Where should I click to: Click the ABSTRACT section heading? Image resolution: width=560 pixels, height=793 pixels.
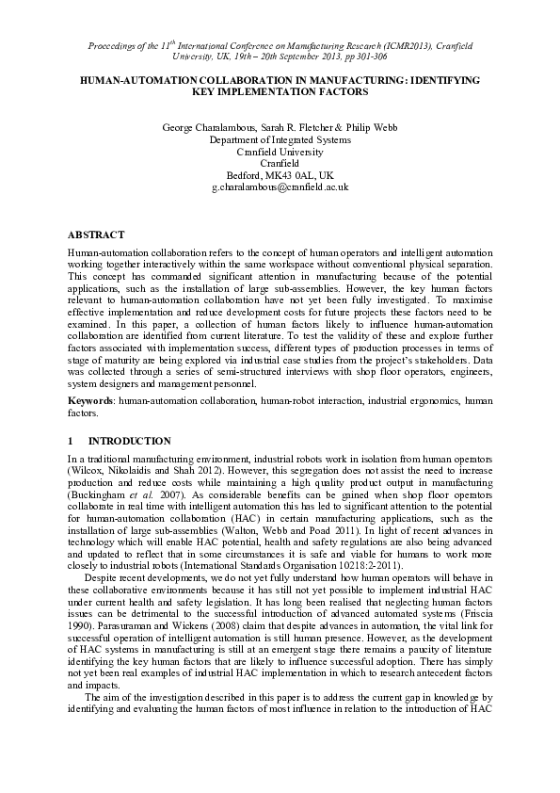pyautogui.click(x=97, y=234)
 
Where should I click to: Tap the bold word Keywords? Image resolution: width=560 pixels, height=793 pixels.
pyautogui.click(x=89, y=400)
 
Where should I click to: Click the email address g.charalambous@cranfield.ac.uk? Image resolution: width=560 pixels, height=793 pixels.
pyautogui.click(x=280, y=188)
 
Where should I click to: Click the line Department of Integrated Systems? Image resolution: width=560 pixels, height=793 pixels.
pyautogui.click(x=280, y=138)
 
